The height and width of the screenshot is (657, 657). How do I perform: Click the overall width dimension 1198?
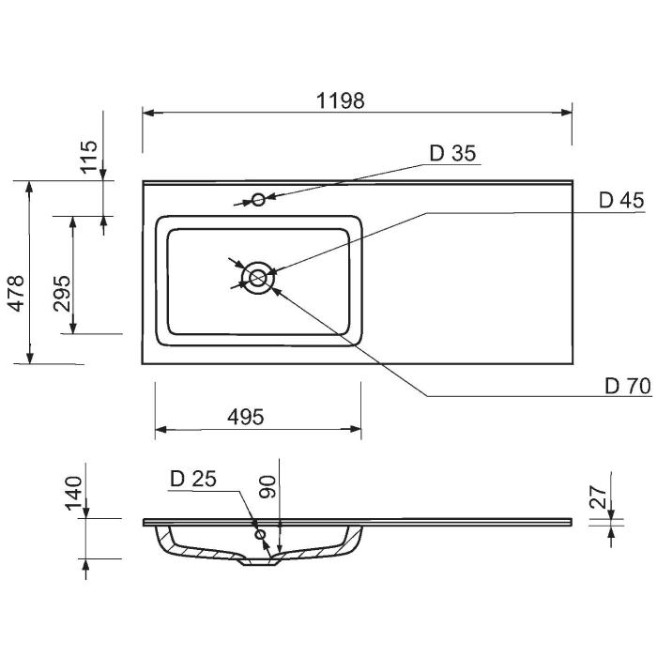(x=340, y=99)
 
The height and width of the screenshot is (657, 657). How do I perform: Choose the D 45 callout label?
(x=620, y=200)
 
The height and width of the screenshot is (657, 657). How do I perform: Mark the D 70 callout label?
(x=627, y=386)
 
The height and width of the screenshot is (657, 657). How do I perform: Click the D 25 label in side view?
(x=193, y=479)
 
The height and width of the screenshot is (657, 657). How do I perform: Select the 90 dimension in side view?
(x=267, y=486)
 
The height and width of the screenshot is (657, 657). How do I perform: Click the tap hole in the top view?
(x=257, y=199)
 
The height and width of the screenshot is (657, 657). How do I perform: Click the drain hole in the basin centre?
(x=257, y=277)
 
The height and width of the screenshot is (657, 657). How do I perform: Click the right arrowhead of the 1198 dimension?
(x=567, y=113)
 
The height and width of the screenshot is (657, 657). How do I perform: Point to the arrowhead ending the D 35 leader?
(x=268, y=197)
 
